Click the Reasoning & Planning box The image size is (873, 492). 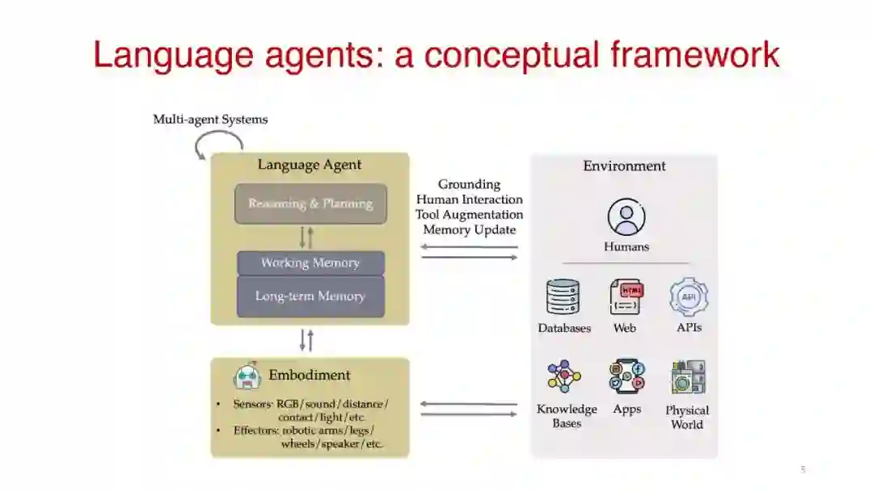pyautogui.click(x=310, y=204)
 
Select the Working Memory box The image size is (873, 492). pyautogui.click(x=310, y=263)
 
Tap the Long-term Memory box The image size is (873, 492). pyautogui.click(x=310, y=296)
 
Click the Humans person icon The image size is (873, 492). pyautogui.click(x=626, y=217)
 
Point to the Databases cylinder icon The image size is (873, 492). pyautogui.click(x=563, y=297)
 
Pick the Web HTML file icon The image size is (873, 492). pyautogui.click(x=625, y=297)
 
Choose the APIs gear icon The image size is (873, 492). pyautogui.click(x=689, y=296)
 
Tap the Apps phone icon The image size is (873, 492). pyautogui.click(x=627, y=376)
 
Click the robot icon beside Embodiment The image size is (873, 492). pyautogui.click(x=247, y=376)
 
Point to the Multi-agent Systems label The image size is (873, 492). pyautogui.click(x=210, y=120)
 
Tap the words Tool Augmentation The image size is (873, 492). pyautogui.click(x=470, y=214)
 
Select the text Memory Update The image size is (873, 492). pyautogui.click(x=470, y=229)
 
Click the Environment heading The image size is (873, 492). pyautogui.click(x=625, y=166)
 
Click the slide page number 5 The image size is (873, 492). pyautogui.click(x=803, y=469)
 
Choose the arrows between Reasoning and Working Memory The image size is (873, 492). pyautogui.click(x=306, y=238)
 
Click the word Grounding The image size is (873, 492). pyautogui.click(x=470, y=184)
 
